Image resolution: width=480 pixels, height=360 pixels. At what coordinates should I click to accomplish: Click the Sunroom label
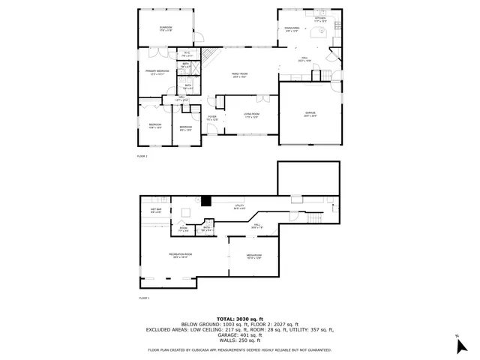(166, 28)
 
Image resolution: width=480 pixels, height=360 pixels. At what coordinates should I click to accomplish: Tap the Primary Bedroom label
(157, 73)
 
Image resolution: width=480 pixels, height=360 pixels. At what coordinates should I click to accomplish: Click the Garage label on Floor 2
(310, 115)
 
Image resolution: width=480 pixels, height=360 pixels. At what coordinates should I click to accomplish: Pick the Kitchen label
(320, 22)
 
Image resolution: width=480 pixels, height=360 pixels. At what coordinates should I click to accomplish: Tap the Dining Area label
(292, 28)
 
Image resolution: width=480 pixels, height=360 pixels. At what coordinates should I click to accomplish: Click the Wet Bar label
(157, 211)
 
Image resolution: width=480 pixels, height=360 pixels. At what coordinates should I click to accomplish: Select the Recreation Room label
(178, 256)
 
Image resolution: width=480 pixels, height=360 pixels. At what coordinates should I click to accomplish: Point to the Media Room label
(253, 257)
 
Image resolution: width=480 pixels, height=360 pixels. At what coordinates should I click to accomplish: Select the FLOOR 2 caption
(142, 156)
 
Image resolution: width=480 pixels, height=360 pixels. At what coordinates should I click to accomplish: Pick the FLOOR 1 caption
(144, 298)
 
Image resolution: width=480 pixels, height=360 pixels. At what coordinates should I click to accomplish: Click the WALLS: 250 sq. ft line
(239, 341)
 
